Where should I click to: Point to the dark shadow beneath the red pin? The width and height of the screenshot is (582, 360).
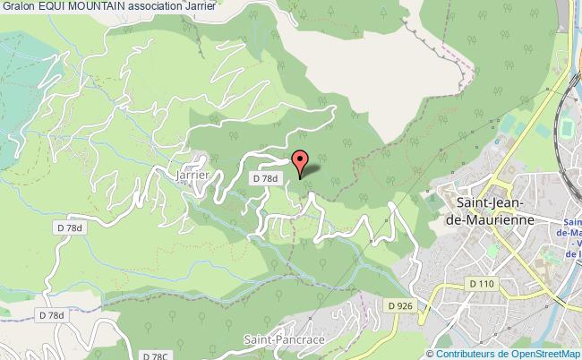pos(315,170)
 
